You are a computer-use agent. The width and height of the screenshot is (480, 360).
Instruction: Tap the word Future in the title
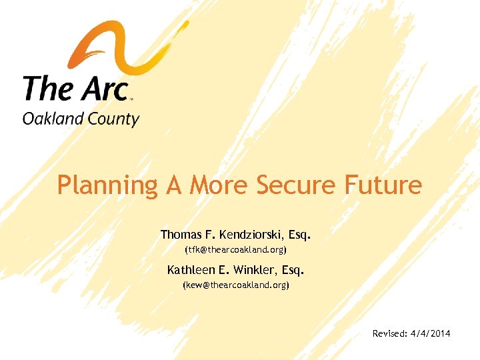point(383,185)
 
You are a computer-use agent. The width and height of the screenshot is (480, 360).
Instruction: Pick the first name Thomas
point(182,235)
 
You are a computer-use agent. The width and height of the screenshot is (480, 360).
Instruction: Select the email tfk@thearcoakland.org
point(235,250)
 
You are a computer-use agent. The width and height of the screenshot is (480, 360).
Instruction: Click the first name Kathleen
point(191,270)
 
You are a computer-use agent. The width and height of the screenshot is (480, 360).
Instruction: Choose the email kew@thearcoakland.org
point(235,285)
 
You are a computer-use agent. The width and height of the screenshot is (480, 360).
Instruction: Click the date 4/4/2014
point(429,332)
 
